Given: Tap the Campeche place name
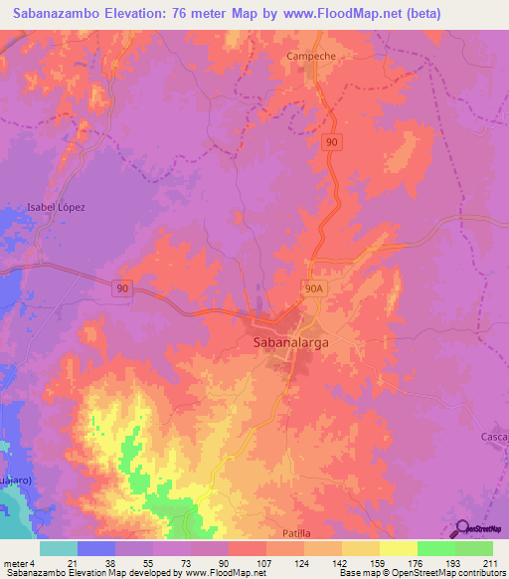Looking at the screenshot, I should click(x=311, y=57).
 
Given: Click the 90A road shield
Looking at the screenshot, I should click(x=314, y=287).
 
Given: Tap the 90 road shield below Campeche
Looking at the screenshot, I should click(x=334, y=144).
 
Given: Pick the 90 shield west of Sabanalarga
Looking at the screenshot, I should click(x=121, y=288).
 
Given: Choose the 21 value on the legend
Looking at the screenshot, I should click(x=59, y=563).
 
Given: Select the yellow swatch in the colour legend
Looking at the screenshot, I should click(x=398, y=548).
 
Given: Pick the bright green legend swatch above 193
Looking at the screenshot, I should click(x=435, y=548).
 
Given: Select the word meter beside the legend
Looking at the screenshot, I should click(x=15, y=563).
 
